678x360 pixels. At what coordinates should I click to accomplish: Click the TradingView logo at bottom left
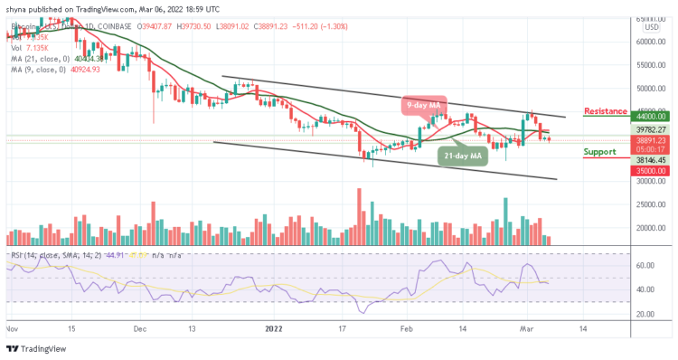click(x=37, y=349)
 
